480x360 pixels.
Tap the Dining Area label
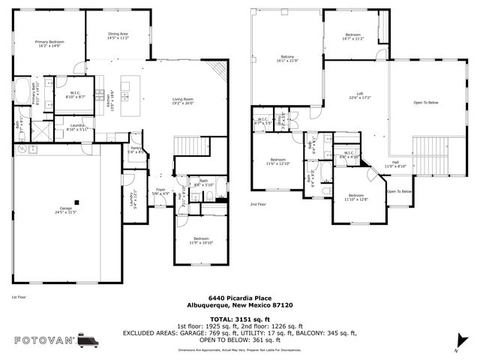[x=118, y=35]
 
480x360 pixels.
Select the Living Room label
[x=183, y=100]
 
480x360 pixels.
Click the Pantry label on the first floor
[x=136, y=148]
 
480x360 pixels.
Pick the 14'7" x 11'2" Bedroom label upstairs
[x=354, y=35]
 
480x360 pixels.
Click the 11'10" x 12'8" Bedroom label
[x=355, y=197]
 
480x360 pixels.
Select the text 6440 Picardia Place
[x=239, y=297]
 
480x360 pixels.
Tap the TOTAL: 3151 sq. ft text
[x=239, y=319]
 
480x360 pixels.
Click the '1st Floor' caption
[x=19, y=298]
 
